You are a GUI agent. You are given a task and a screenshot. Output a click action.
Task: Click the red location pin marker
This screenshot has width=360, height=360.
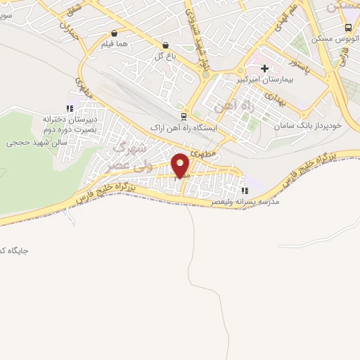(x=181, y=165)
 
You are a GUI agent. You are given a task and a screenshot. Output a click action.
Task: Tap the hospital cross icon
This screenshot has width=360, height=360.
(x=265, y=68)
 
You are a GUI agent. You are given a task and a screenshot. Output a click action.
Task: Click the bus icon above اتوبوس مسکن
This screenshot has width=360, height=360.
(x=348, y=28)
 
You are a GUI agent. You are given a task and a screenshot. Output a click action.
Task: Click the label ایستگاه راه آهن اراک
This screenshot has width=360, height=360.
(x=184, y=129)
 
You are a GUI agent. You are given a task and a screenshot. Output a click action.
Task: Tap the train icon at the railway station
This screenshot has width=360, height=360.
(x=184, y=117)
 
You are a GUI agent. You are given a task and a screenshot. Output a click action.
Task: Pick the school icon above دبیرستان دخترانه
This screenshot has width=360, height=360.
(x=69, y=108)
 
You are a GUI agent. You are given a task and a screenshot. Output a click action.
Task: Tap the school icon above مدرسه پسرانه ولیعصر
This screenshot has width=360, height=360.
(x=244, y=190)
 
